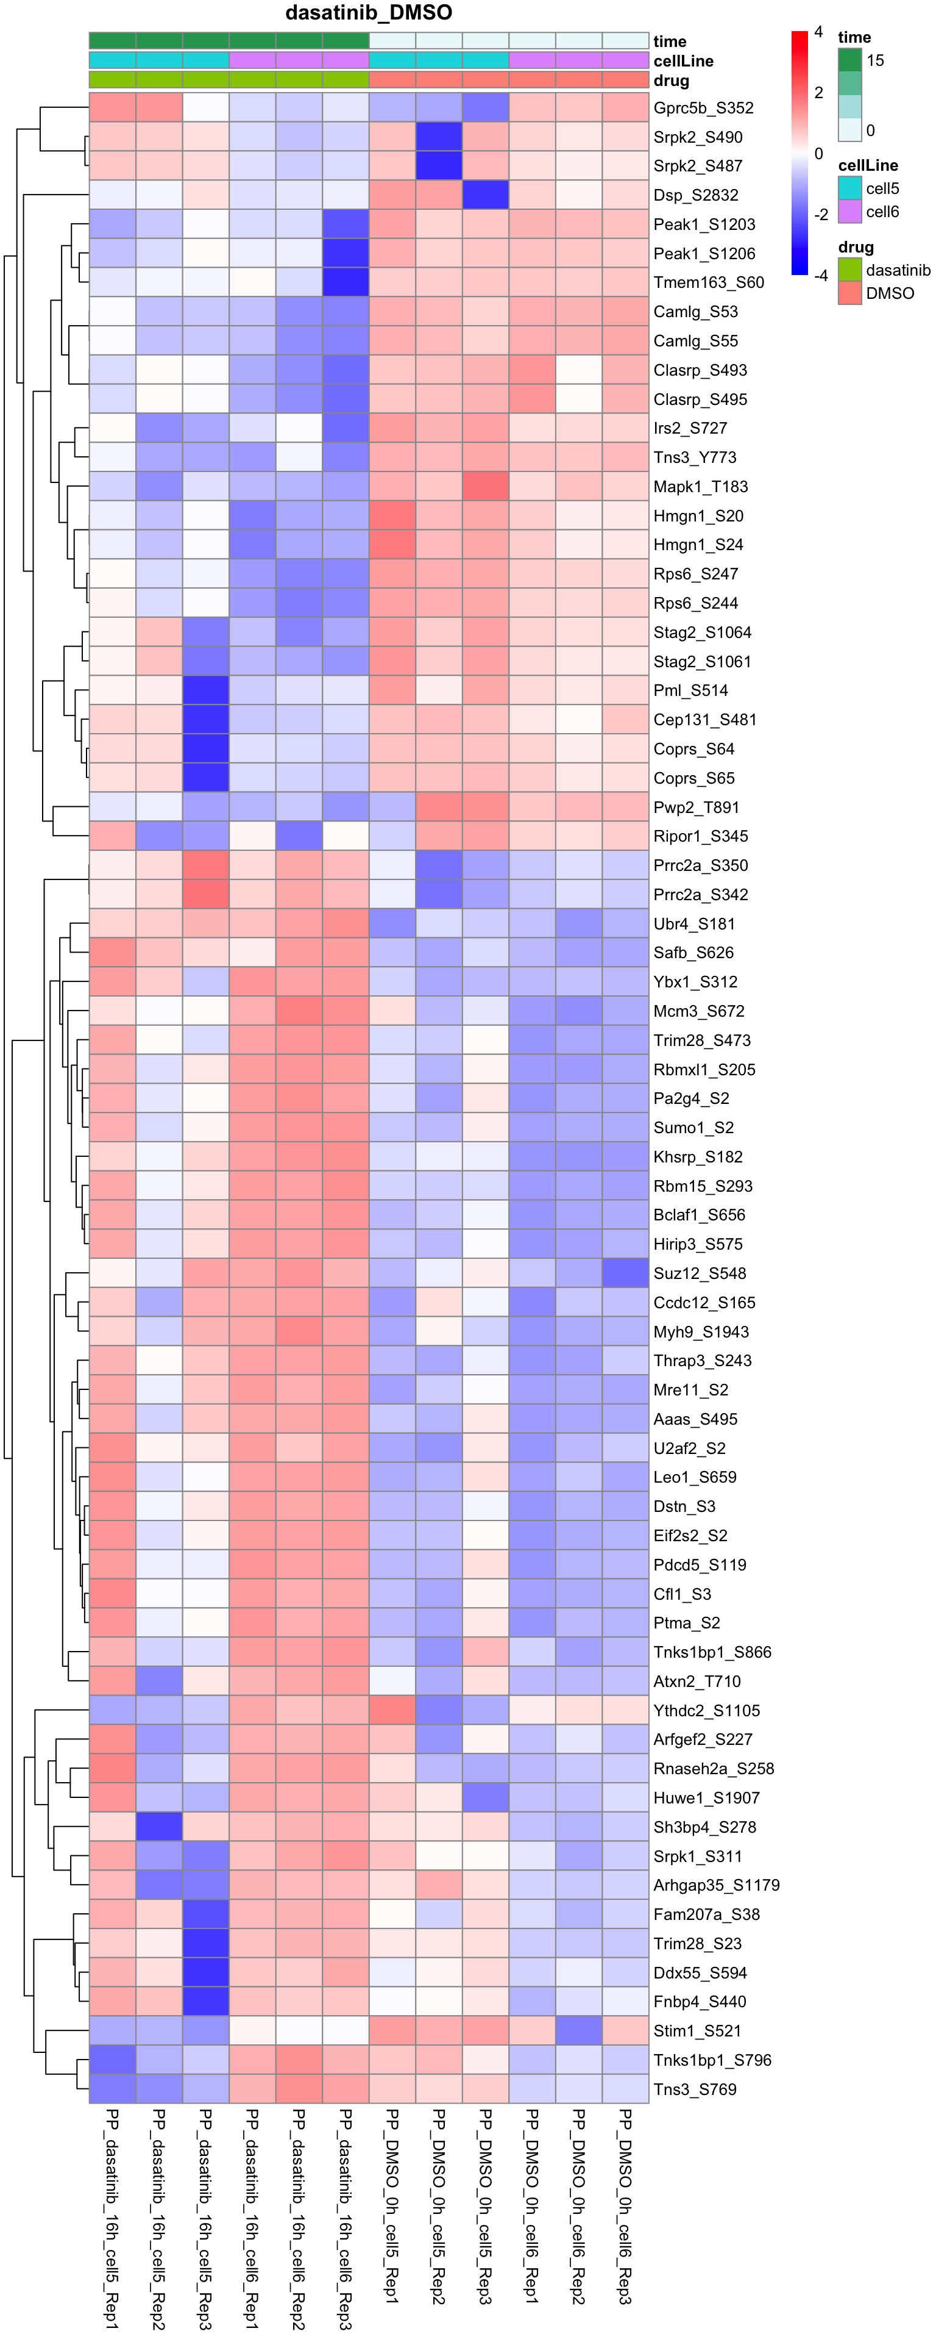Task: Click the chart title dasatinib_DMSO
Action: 368,13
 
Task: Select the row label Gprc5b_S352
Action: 703,108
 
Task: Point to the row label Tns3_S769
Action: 695,2090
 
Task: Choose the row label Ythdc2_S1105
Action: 706,1710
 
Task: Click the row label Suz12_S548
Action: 700,1273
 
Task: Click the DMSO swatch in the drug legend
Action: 849,293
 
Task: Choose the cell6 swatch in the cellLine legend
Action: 849,212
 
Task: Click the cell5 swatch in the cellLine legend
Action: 849,188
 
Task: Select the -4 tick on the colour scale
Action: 821,276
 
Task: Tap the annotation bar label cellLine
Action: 682,61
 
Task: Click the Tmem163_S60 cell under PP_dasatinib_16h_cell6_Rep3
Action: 346,283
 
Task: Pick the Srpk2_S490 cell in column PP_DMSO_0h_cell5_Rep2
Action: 439,137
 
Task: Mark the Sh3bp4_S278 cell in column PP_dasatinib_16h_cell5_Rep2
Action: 159,1827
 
